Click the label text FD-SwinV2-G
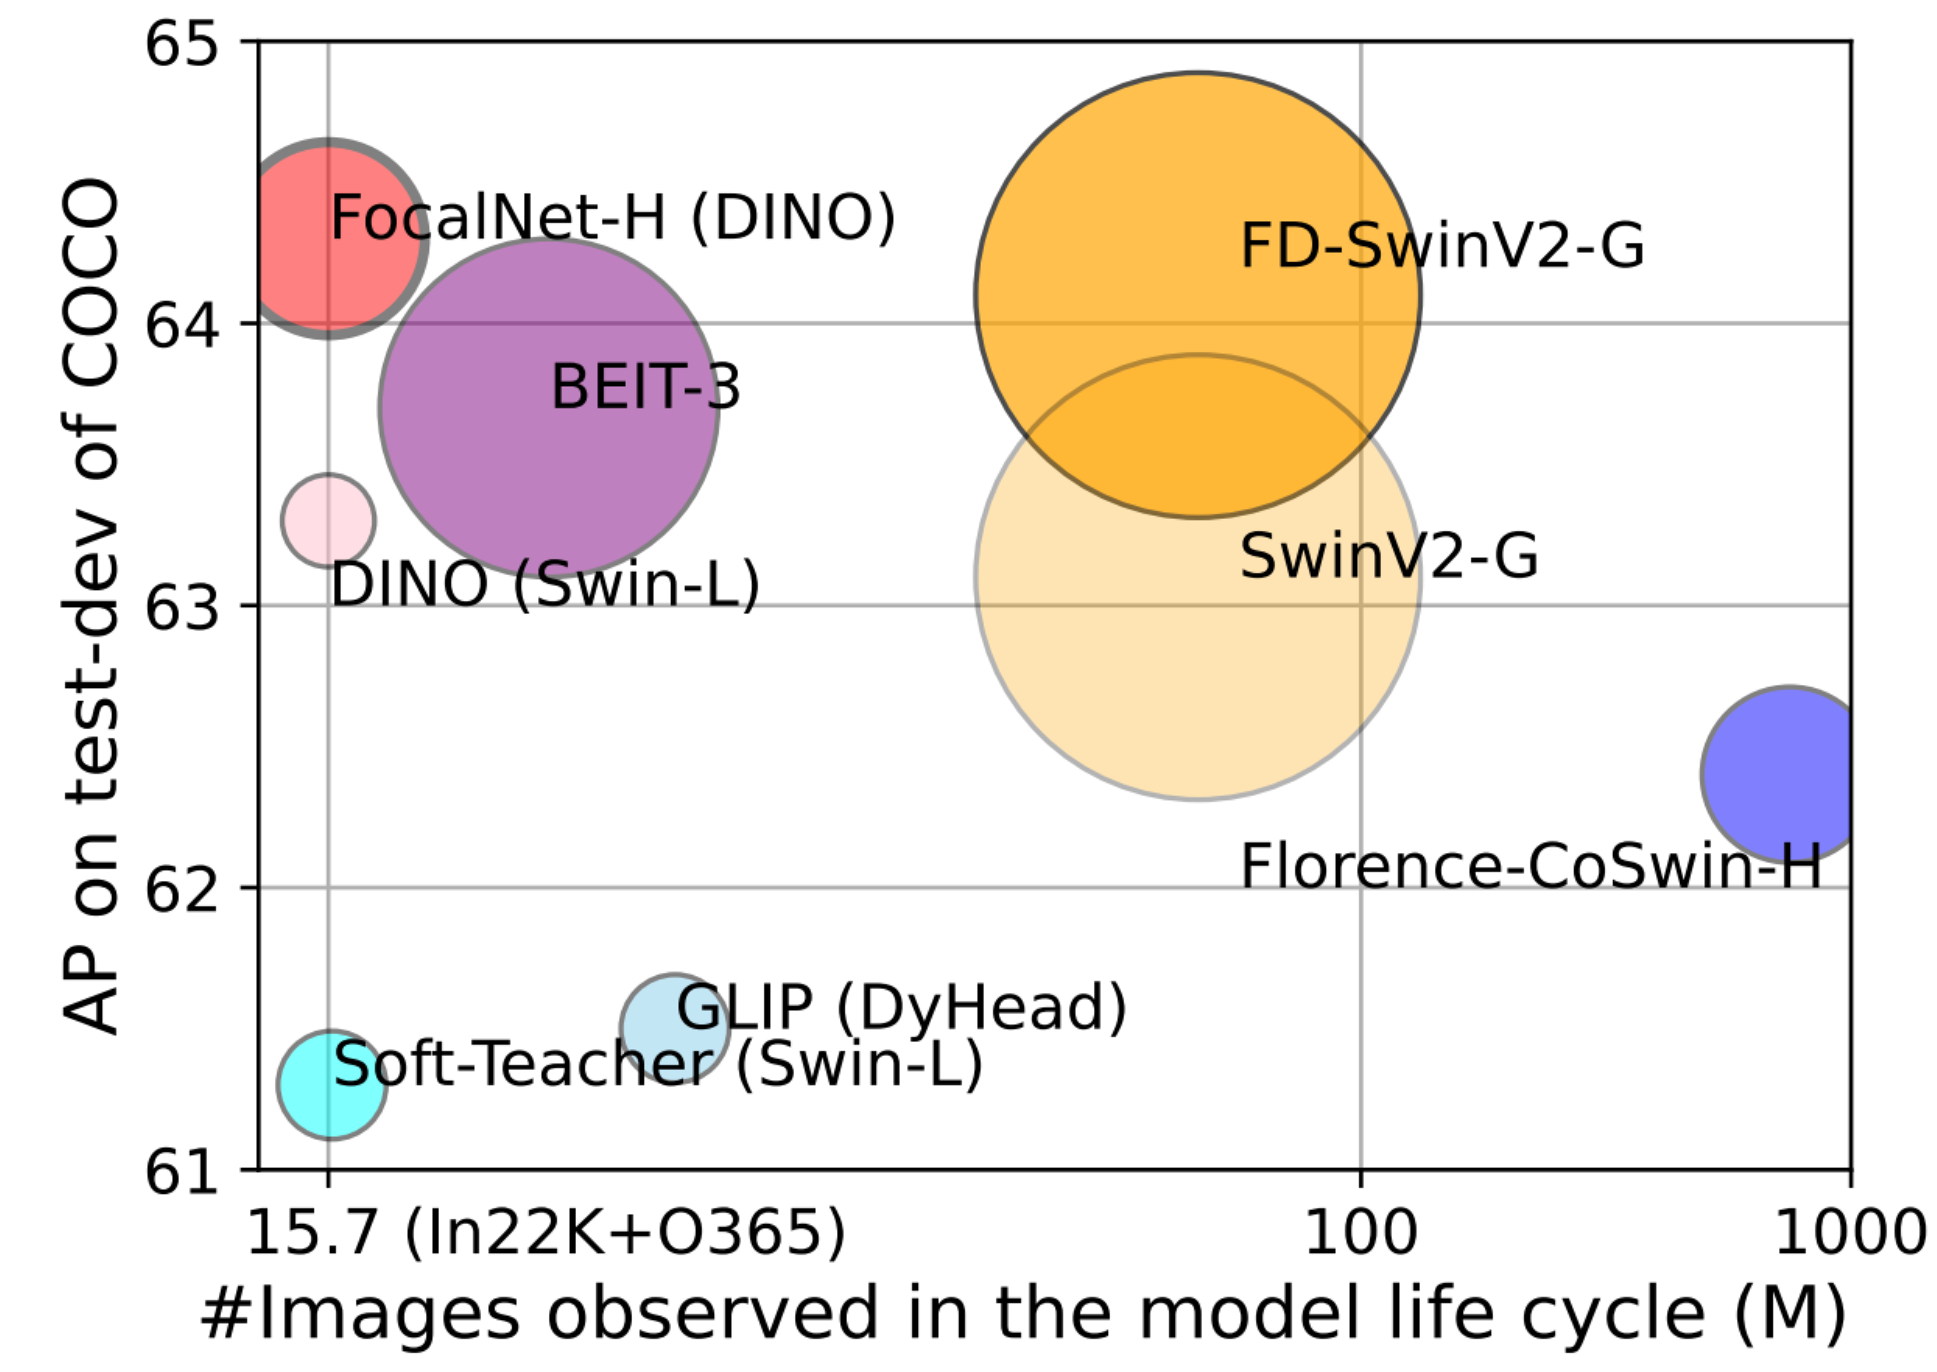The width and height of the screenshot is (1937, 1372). (1442, 246)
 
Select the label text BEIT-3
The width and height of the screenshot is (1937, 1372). (645, 387)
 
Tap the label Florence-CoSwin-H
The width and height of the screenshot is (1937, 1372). (1530, 867)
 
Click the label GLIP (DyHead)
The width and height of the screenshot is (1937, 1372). (901, 1007)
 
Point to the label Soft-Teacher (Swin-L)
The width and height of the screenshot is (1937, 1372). (658, 1064)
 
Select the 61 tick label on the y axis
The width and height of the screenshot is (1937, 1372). (181, 1172)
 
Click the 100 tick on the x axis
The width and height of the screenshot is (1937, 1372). (1360, 1233)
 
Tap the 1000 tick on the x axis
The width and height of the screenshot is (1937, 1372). (1849, 1233)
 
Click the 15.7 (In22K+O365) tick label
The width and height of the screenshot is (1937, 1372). (545, 1233)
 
